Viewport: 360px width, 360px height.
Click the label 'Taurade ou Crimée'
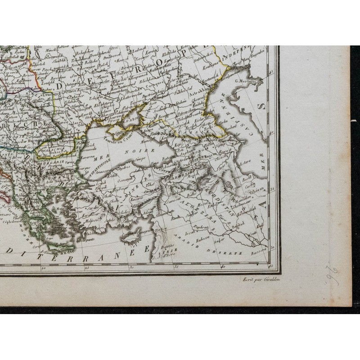click(119, 136)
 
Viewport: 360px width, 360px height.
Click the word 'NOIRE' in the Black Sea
click(143, 151)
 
